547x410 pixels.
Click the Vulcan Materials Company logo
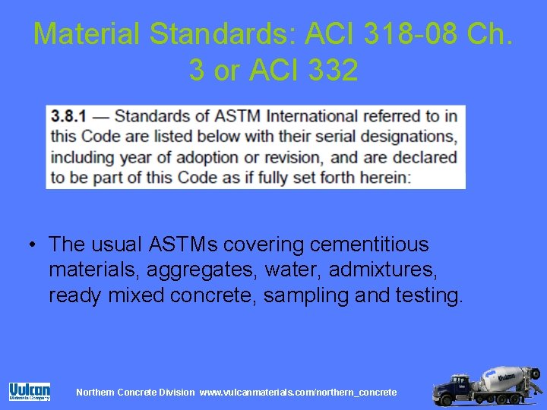tap(30, 391)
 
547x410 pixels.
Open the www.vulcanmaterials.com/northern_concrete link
tap(298, 392)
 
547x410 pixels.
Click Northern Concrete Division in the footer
tap(135, 392)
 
